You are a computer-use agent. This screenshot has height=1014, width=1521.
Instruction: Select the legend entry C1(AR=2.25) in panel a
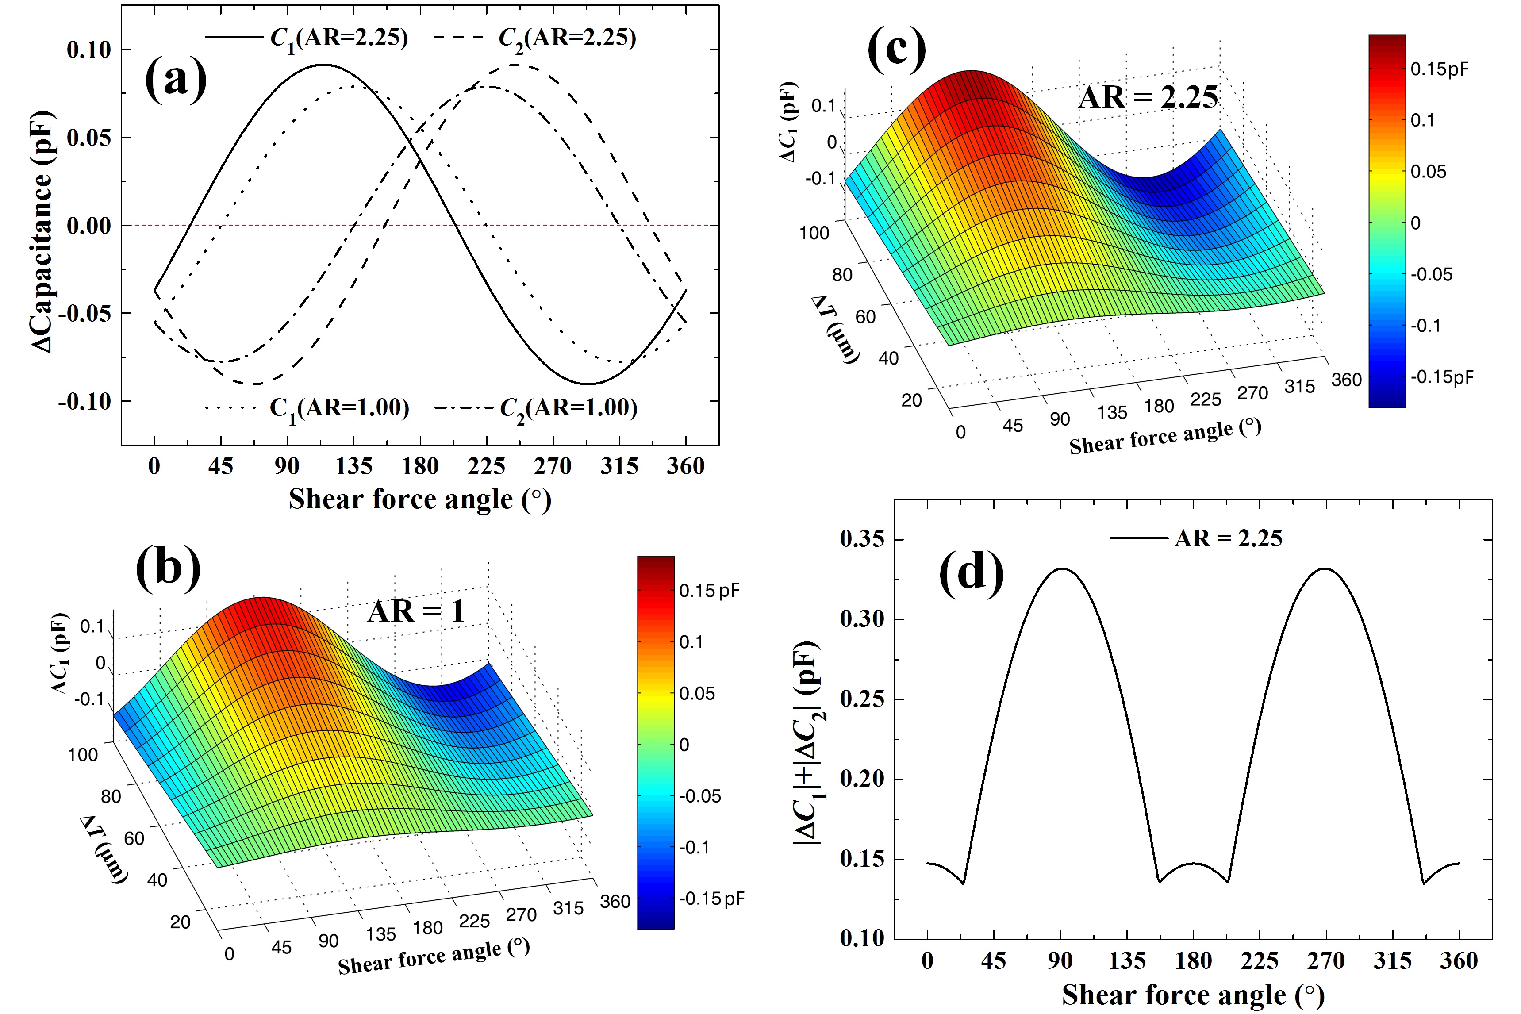[339, 38]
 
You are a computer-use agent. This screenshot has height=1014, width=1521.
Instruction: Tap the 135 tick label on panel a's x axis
[353, 466]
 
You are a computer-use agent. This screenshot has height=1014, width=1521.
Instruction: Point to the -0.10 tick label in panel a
[84, 402]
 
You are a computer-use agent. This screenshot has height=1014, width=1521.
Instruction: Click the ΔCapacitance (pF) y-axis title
[42, 231]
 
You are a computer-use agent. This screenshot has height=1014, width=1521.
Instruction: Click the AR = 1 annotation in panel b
[416, 611]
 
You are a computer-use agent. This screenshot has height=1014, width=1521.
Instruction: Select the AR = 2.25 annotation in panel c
[1148, 97]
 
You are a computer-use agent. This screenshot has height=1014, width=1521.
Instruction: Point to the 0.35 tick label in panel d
[861, 539]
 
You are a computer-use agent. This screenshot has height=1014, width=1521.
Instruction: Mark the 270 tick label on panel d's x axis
[1326, 961]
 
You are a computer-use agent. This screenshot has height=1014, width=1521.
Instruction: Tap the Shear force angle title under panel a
[420, 500]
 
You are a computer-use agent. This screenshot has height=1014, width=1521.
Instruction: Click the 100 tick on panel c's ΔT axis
[814, 233]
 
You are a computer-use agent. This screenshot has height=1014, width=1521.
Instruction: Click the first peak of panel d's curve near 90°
[1060, 568]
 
